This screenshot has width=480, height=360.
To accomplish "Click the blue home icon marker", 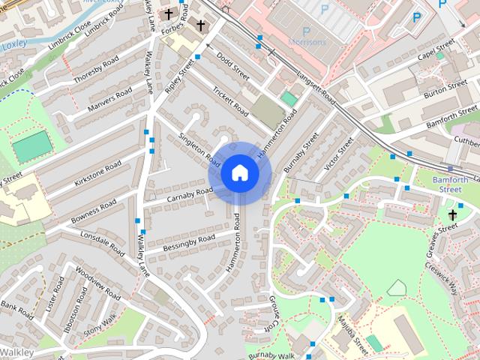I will point(239,172).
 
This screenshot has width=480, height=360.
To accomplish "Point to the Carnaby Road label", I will point(190,194).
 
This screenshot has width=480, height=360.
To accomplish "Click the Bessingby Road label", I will point(190,241).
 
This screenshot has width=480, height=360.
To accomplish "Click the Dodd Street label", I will point(232,67).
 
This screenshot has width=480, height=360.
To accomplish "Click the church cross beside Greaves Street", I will point(452,216).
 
